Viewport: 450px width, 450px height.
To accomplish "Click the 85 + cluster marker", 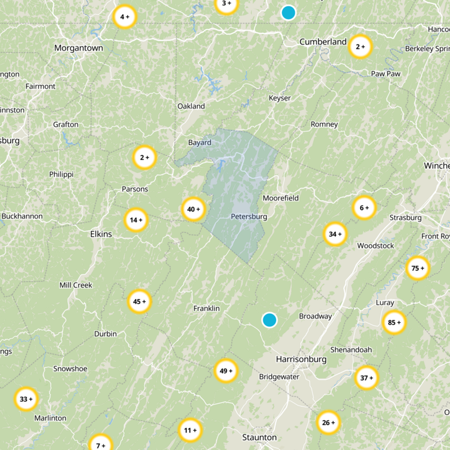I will [x=394, y=322].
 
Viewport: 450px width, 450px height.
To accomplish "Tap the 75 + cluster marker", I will [x=418, y=268].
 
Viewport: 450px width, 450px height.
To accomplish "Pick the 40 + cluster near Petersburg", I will [x=193, y=209].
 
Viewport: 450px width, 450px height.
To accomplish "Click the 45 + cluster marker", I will [x=139, y=301].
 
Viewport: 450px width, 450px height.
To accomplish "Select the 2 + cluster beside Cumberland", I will [x=360, y=47].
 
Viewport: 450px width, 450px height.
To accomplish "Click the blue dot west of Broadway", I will [x=270, y=320].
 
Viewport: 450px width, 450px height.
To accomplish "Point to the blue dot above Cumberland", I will [x=289, y=12].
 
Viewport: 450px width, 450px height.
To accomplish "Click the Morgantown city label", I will [x=79, y=48].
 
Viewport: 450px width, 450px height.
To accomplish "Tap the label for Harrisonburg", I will [x=301, y=359].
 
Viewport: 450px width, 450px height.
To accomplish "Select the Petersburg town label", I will [x=249, y=217].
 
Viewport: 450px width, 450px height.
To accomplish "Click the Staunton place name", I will [x=259, y=437].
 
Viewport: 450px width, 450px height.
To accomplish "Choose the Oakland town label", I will [x=191, y=106].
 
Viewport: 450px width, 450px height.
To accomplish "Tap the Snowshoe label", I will [x=70, y=369].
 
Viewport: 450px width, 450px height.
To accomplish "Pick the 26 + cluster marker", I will [x=328, y=422].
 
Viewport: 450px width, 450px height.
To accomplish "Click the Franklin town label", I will [x=206, y=309].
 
